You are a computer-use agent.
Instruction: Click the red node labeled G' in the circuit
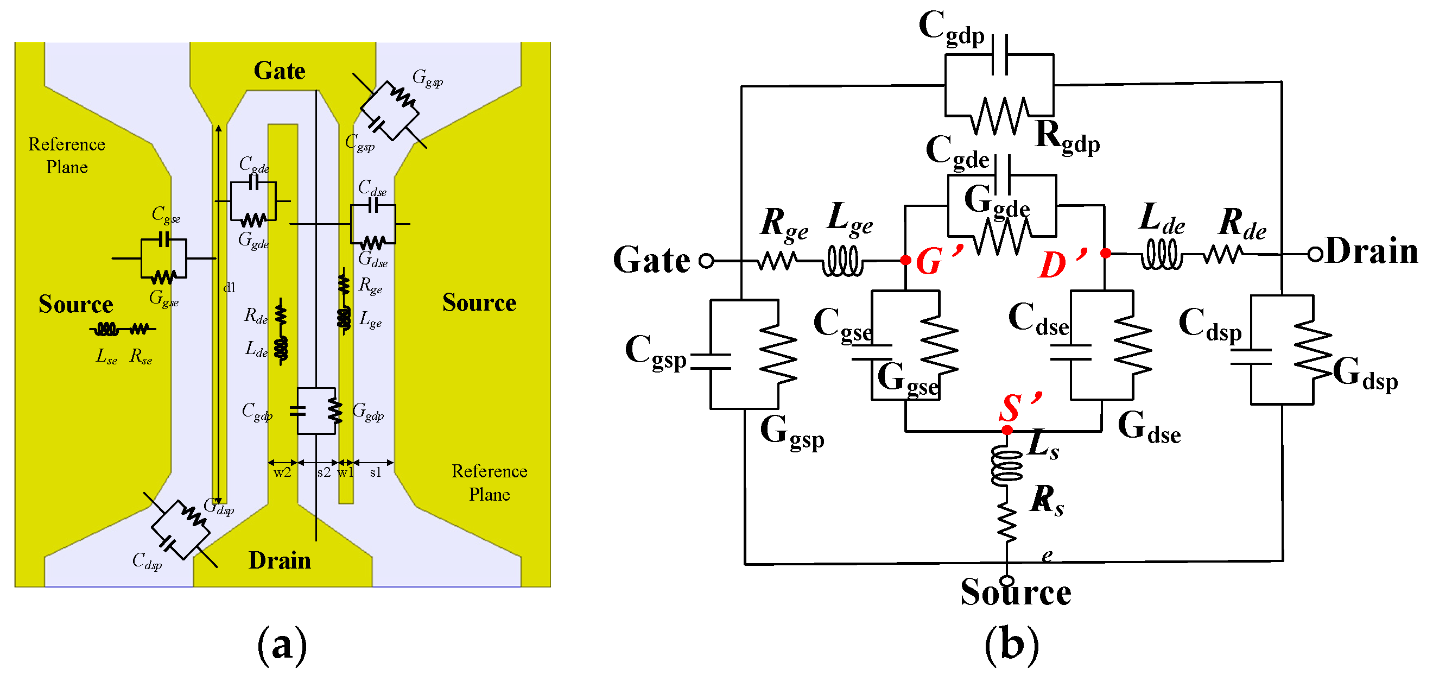[905, 260]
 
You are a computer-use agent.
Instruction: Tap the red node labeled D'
[1105, 253]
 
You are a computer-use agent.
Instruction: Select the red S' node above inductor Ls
[1007, 430]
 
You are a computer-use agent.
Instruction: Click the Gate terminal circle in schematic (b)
[706, 261]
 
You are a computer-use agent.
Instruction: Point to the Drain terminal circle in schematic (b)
[1315, 255]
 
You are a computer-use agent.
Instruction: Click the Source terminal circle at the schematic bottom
[1006, 581]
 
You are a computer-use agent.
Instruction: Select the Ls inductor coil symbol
[1006, 465]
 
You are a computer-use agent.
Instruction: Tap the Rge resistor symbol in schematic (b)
[777, 260]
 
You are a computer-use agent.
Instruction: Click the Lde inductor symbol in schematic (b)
[1161, 254]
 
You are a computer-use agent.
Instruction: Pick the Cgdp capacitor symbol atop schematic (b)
[1000, 54]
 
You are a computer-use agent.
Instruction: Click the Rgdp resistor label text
[1067, 137]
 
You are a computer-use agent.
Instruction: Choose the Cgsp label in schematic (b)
[655, 352]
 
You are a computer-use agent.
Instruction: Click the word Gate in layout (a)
[279, 71]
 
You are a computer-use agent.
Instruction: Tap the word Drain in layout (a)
[279, 560]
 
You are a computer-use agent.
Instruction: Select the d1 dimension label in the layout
[229, 288]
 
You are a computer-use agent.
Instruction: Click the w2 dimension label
[282, 472]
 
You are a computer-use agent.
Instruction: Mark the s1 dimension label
[376, 472]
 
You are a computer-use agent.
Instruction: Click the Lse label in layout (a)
[106, 356]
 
